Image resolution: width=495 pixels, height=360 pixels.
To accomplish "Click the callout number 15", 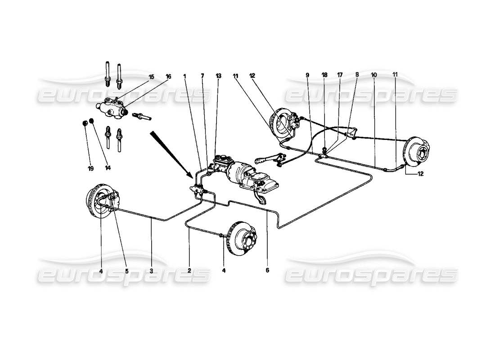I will click(x=152, y=77).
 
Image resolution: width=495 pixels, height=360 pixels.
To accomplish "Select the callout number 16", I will click(x=168, y=77).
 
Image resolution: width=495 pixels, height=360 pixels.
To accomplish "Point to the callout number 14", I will click(x=108, y=168).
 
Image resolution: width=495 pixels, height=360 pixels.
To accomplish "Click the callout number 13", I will click(x=219, y=76).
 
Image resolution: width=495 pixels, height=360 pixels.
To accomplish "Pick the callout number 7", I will click(x=202, y=76).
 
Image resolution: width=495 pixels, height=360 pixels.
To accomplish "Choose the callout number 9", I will click(x=307, y=75).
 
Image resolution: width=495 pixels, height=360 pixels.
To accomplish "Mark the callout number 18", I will click(x=324, y=75).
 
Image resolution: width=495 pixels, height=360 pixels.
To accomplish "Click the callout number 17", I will click(x=341, y=75).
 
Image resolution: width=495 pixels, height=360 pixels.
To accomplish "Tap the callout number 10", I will click(x=373, y=75).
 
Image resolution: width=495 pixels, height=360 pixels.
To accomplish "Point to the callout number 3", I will click(x=152, y=271).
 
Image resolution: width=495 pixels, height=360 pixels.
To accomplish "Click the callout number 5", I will click(x=126, y=271).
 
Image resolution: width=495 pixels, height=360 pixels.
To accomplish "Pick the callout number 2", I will click(x=189, y=271).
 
